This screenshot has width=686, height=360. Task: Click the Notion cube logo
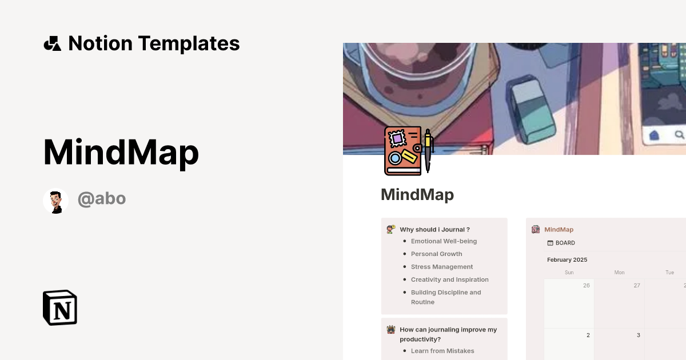pos(60,307)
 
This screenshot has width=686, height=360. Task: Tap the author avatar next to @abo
pos(56,201)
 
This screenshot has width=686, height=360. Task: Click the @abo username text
pos(102,199)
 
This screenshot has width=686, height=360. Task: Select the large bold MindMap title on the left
pos(121,153)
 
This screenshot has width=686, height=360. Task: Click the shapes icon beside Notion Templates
pos(52,43)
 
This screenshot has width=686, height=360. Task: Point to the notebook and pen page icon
pos(408,151)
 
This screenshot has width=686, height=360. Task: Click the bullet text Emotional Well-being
pos(444,241)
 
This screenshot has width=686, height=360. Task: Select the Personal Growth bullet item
pos(436,254)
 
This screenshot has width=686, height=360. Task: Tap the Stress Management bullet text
pos(442,267)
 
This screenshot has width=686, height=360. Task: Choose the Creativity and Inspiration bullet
pos(449,279)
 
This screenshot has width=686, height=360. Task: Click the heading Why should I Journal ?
pos(434,230)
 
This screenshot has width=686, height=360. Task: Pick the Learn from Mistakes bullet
pos(442,351)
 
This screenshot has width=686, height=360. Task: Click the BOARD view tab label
pos(565,243)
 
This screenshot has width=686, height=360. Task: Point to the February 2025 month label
pos(567,259)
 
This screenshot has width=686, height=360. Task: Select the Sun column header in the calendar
pos(569,273)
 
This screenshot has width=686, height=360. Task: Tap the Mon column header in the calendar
pos(619,273)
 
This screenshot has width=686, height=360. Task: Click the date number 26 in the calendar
pos(586,285)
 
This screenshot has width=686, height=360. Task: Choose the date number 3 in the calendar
pos(638,335)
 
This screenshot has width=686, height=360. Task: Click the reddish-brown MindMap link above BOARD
pos(559,230)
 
